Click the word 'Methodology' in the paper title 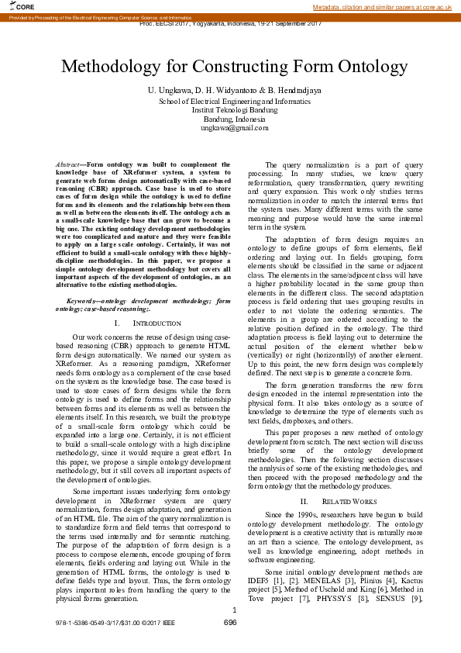point(116,67)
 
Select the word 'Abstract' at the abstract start point(71,164)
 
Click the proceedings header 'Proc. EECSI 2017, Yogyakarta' point(231,24)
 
